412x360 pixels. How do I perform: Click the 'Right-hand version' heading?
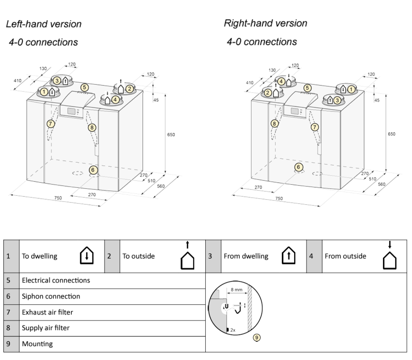click(265, 23)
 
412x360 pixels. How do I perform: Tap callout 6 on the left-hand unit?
click(93, 169)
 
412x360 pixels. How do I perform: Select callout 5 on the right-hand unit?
click(307, 87)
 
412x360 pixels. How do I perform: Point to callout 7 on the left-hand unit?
click(50, 123)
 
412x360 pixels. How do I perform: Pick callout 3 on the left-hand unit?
click(57, 81)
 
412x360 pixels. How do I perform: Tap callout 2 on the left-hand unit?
click(130, 89)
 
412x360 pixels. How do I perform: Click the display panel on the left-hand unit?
click(71, 111)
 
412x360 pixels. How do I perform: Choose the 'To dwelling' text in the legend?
click(40, 256)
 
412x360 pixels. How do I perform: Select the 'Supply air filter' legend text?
click(46, 328)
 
